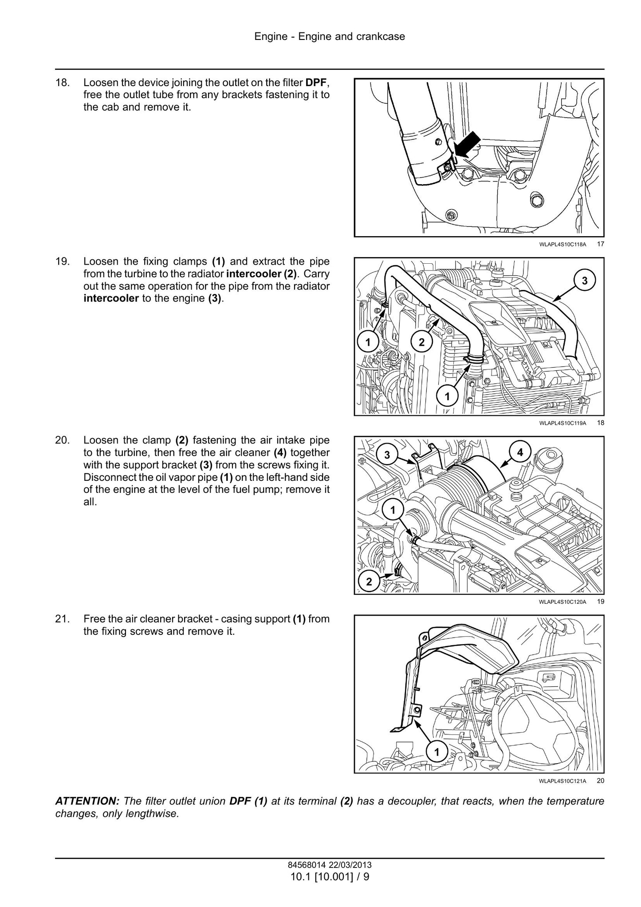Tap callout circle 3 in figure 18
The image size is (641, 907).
(x=584, y=281)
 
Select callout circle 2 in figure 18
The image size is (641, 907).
(x=421, y=342)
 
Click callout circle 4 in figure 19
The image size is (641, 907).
(x=520, y=452)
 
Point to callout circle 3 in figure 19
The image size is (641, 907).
(x=387, y=455)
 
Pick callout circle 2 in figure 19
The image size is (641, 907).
(x=369, y=582)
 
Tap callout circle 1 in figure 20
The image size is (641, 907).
(x=437, y=752)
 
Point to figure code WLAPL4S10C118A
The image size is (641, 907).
(x=562, y=244)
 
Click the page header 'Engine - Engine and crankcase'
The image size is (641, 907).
(x=330, y=36)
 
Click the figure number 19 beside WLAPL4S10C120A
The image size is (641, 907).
(x=600, y=602)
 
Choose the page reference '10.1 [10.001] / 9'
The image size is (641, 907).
(x=330, y=877)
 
